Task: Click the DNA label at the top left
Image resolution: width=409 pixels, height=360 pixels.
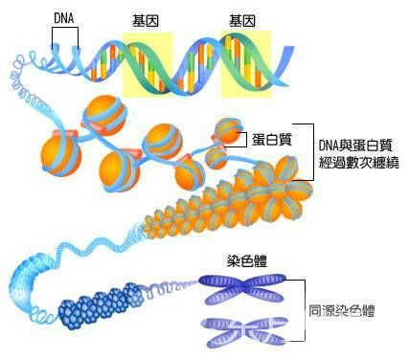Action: [x=65, y=19]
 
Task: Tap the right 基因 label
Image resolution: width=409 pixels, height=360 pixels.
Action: [x=243, y=19]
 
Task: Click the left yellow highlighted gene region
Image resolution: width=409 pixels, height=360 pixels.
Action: [x=147, y=63]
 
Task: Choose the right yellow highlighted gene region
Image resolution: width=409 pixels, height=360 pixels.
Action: [x=246, y=63]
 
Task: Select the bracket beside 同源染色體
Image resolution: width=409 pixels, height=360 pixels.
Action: [x=303, y=308]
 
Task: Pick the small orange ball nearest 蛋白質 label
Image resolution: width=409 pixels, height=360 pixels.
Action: [x=227, y=129]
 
